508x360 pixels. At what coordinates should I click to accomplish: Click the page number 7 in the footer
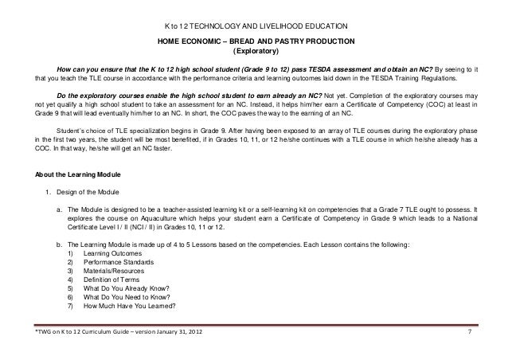[x=470, y=331]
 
